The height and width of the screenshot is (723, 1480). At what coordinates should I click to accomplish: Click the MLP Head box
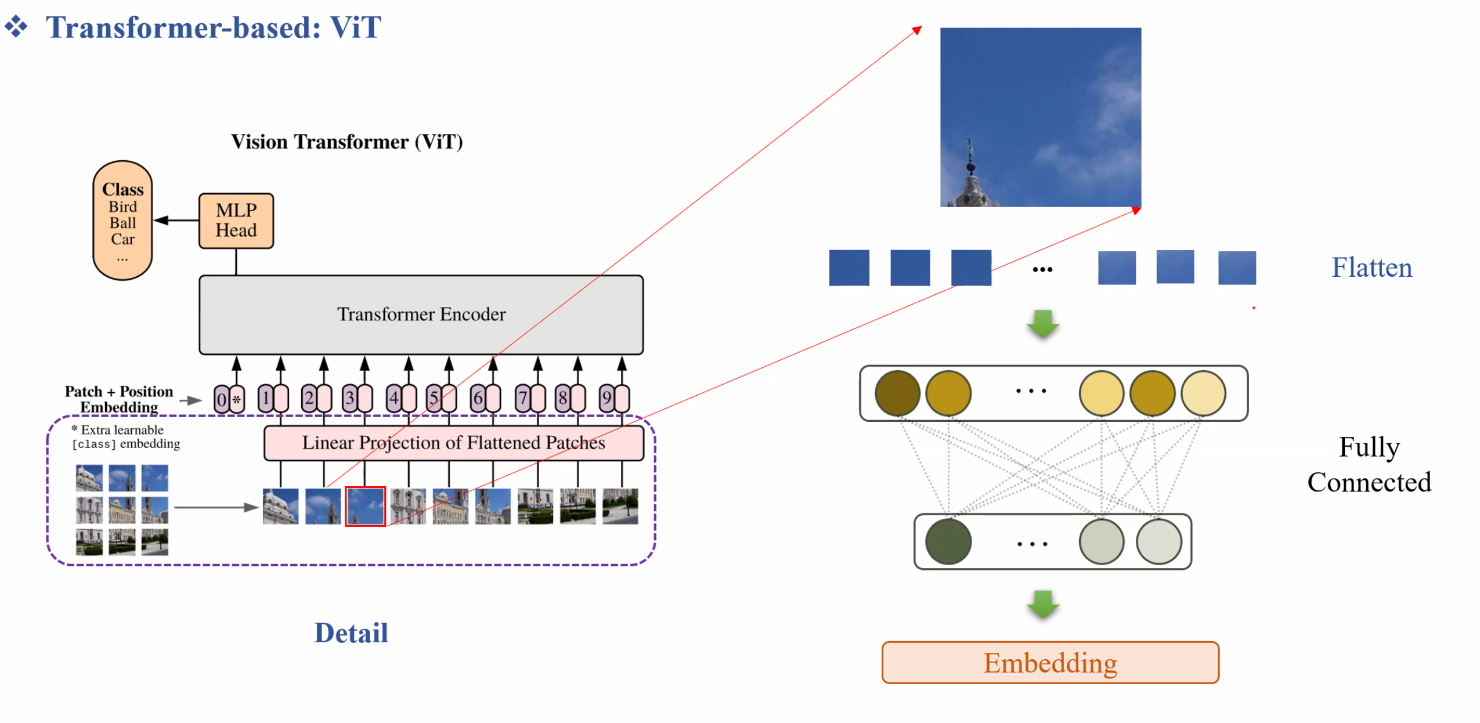point(236,220)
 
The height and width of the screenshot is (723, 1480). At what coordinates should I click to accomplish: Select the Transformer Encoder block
point(421,314)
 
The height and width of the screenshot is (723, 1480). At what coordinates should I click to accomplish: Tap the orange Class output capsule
point(122,220)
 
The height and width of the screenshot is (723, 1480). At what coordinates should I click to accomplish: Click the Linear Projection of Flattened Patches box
point(453,443)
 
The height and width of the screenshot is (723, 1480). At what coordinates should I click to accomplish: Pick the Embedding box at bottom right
point(1049,662)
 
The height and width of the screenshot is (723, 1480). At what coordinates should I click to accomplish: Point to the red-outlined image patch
point(365,506)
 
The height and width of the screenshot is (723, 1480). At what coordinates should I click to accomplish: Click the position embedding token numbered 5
point(441,398)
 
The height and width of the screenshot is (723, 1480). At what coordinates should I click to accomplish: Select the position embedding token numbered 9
point(613,398)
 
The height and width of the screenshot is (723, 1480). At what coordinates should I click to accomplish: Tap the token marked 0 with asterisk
point(229,399)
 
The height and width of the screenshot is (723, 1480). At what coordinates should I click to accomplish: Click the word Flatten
point(1371,268)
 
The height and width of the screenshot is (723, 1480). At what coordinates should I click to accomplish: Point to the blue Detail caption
point(351,632)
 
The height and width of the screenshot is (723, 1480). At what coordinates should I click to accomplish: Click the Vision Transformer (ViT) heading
point(346,142)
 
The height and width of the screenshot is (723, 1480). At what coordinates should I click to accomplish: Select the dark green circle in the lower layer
point(948,542)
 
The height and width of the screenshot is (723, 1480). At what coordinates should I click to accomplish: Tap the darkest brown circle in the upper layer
point(897,393)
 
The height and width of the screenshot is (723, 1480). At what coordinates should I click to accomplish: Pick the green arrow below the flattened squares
point(1042,324)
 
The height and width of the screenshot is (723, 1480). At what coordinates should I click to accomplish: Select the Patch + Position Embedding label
point(119,399)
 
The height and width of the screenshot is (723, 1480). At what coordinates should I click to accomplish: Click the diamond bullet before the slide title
point(16,27)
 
